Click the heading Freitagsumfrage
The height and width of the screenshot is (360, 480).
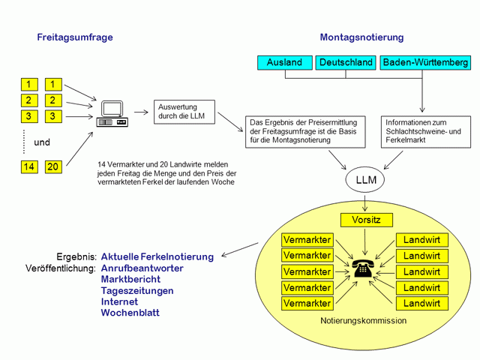(x=75, y=37)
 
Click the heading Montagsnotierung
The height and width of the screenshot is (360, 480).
(x=361, y=37)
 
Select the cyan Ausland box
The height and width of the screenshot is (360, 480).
(x=284, y=63)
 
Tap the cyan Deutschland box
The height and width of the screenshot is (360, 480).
(x=345, y=63)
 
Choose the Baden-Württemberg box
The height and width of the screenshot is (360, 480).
(x=425, y=63)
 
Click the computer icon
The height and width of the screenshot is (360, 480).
(x=112, y=113)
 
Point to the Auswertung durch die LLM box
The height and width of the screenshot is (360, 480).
(x=184, y=112)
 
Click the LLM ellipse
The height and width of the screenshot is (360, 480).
(x=365, y=181)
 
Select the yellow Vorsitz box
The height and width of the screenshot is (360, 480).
(x=366, y=220)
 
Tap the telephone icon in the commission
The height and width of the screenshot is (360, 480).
(x=364, y=268)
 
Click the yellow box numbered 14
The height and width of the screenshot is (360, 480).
(x=29, y=167)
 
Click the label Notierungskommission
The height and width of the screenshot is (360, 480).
(x=363, y=320)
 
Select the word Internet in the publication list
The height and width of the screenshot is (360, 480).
(x=119, y=301)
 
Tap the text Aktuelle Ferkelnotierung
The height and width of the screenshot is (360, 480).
(x=157, y=256)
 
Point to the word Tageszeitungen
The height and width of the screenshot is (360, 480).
(x=137, y=290)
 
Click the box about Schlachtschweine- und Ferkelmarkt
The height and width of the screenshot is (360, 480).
(x=426, y=131)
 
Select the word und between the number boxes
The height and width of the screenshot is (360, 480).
(x=42, y=142)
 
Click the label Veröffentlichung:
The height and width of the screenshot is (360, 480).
(x=60, y=268)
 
